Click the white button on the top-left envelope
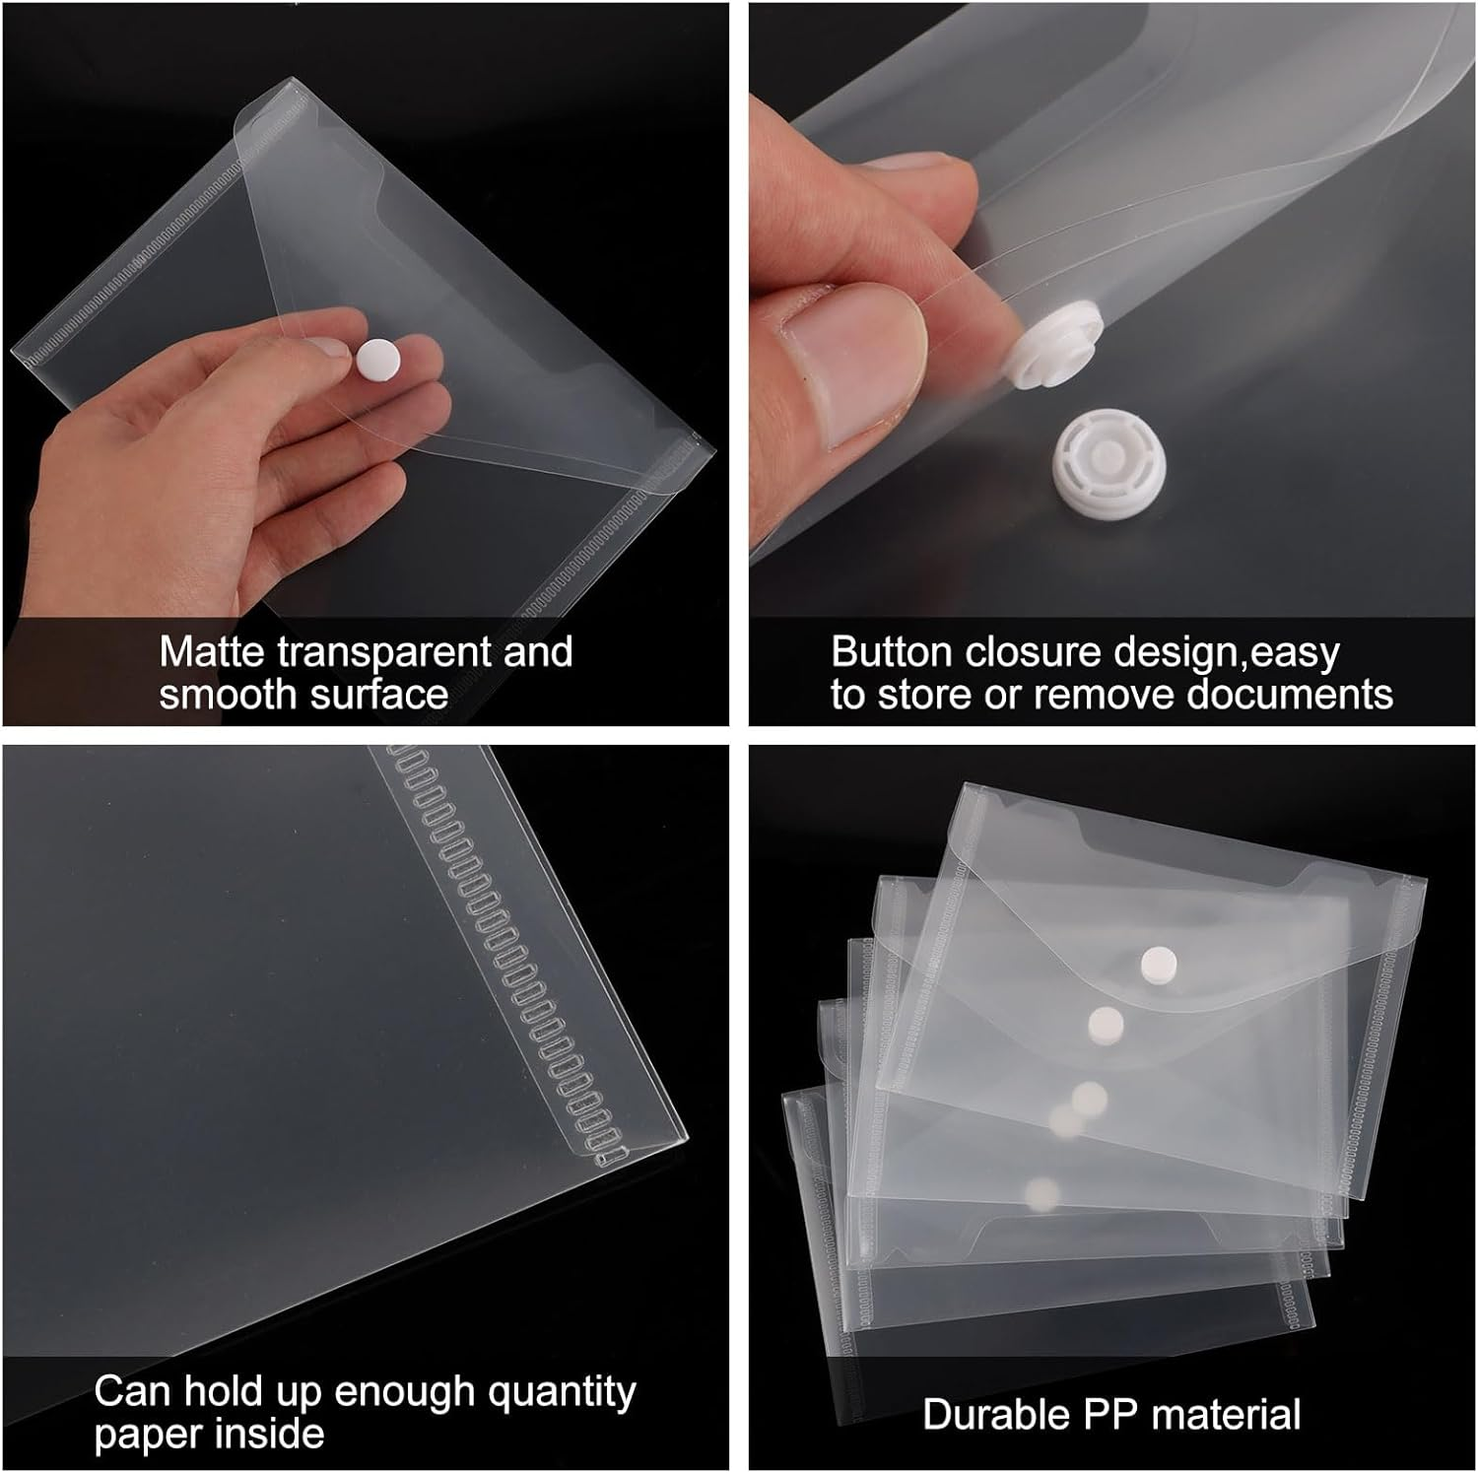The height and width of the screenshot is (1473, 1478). click(375, 359)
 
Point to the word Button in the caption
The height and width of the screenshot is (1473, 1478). click(891, 652)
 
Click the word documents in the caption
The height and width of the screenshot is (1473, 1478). click(1289, 695)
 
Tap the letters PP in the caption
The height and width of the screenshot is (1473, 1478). click(1112, 1414)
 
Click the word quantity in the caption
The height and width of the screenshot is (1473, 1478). click(562, 1392)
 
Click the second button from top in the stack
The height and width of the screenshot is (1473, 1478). click(1105, 1025)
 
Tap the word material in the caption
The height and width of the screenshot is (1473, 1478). click(1227, 1414)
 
